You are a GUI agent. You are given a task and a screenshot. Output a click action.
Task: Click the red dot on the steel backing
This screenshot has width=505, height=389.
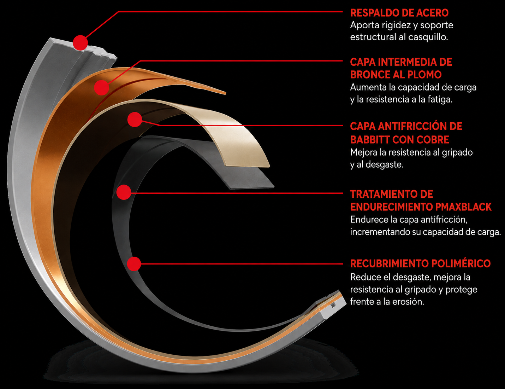pos(80,43)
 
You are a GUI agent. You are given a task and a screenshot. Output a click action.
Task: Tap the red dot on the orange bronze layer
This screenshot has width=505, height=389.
pos(102,88)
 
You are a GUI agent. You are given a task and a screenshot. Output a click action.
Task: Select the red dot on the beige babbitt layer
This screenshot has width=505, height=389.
pos(135,120)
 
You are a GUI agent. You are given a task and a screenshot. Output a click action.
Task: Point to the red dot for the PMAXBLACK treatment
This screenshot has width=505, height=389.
pos(124,192)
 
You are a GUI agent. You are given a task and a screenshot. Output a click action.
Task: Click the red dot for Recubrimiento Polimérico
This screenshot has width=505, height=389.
pos(134,264)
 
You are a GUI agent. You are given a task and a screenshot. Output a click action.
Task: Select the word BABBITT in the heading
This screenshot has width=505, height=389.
pos(369,140)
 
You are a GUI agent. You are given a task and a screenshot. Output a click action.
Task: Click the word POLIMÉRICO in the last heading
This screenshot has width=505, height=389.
pos(461,263)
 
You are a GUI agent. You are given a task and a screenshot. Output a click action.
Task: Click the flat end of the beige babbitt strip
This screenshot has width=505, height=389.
pos(248,167)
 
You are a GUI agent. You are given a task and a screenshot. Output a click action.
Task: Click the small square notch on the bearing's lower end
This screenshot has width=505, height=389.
pos(333,305)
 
